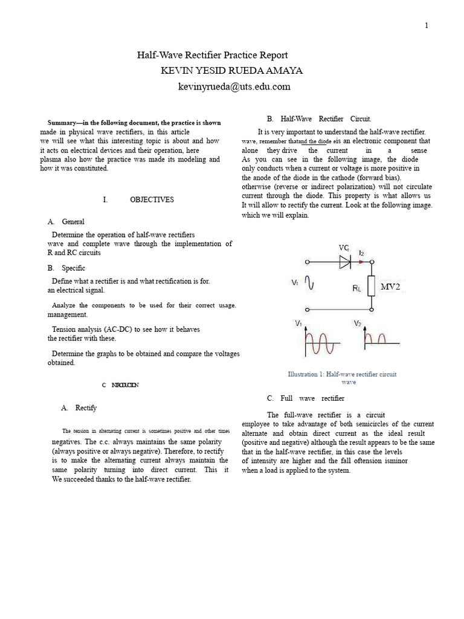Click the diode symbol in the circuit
tap(345, 262)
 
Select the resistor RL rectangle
tap(372, 287)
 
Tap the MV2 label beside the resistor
tap(390, 287)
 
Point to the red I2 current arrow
tap(362, 262)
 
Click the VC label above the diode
tap(343, 248)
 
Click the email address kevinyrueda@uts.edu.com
tap(234, 86)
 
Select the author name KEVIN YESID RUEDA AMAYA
tap(231, 71)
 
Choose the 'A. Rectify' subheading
tap(79, 408)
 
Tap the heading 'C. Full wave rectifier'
tap(305, 398)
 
